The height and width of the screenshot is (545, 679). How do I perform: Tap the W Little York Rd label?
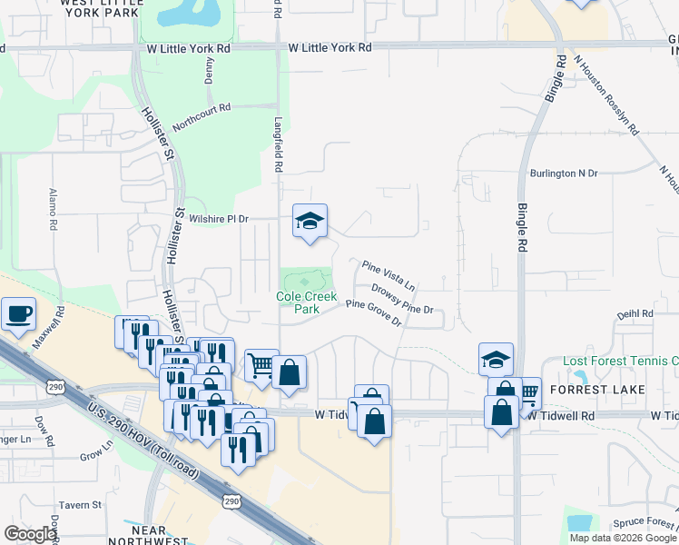(330, 47)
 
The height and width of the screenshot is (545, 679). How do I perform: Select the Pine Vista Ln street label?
(389, 274)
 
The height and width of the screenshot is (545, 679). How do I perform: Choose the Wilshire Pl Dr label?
(218, 219)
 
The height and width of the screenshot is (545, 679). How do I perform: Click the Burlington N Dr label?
(565, 173)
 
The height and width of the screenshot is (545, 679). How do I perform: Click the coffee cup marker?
(18, 314)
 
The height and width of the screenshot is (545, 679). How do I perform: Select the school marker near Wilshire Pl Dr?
(310, 221)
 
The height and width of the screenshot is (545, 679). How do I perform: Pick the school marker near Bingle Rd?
(496, 359)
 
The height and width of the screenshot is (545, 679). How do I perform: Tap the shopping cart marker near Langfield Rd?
(261, 365)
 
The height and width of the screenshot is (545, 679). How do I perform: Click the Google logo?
(30, 534)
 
